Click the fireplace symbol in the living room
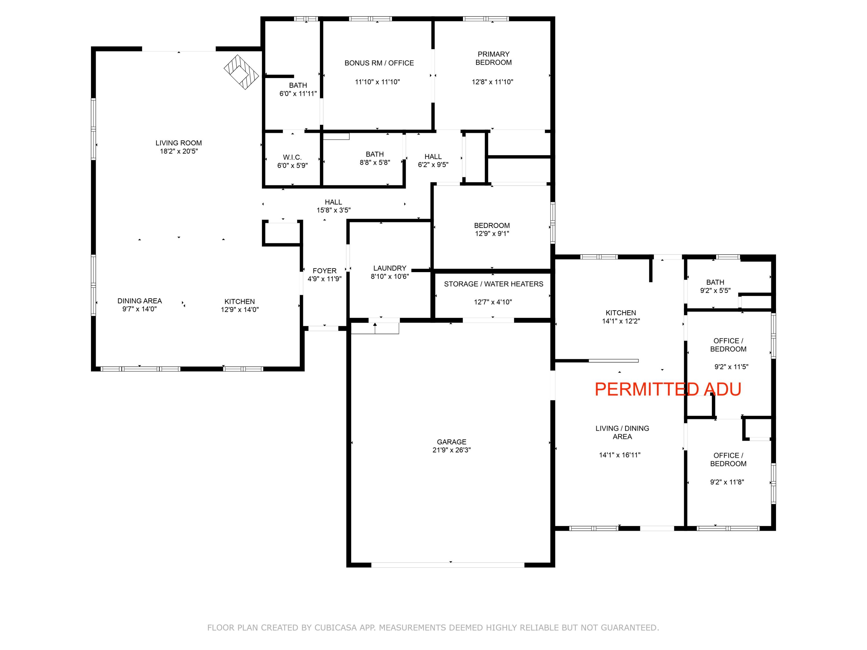241,73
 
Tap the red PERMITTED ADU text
668,389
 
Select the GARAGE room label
451,441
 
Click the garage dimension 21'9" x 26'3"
451,450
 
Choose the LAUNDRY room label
390,268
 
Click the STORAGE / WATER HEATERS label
494,284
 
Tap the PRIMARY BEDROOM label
494,58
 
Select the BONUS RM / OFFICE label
379,63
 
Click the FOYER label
325,271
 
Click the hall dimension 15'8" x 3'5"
334,210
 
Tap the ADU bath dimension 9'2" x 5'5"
715,291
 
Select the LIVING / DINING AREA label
622,432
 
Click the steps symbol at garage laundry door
375,328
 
